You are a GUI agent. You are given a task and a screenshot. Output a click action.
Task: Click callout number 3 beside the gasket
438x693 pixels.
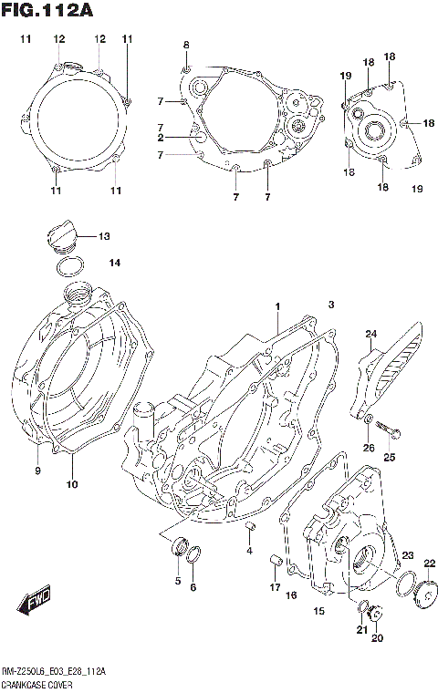point(332,305)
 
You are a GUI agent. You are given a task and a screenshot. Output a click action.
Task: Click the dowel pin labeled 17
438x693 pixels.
point(272,560)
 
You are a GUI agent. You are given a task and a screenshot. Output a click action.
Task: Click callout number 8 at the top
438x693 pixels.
point(186,45)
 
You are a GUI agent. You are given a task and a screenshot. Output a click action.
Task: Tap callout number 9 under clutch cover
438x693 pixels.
point(37,471)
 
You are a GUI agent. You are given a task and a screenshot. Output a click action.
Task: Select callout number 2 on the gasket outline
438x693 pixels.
point(160,138)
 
